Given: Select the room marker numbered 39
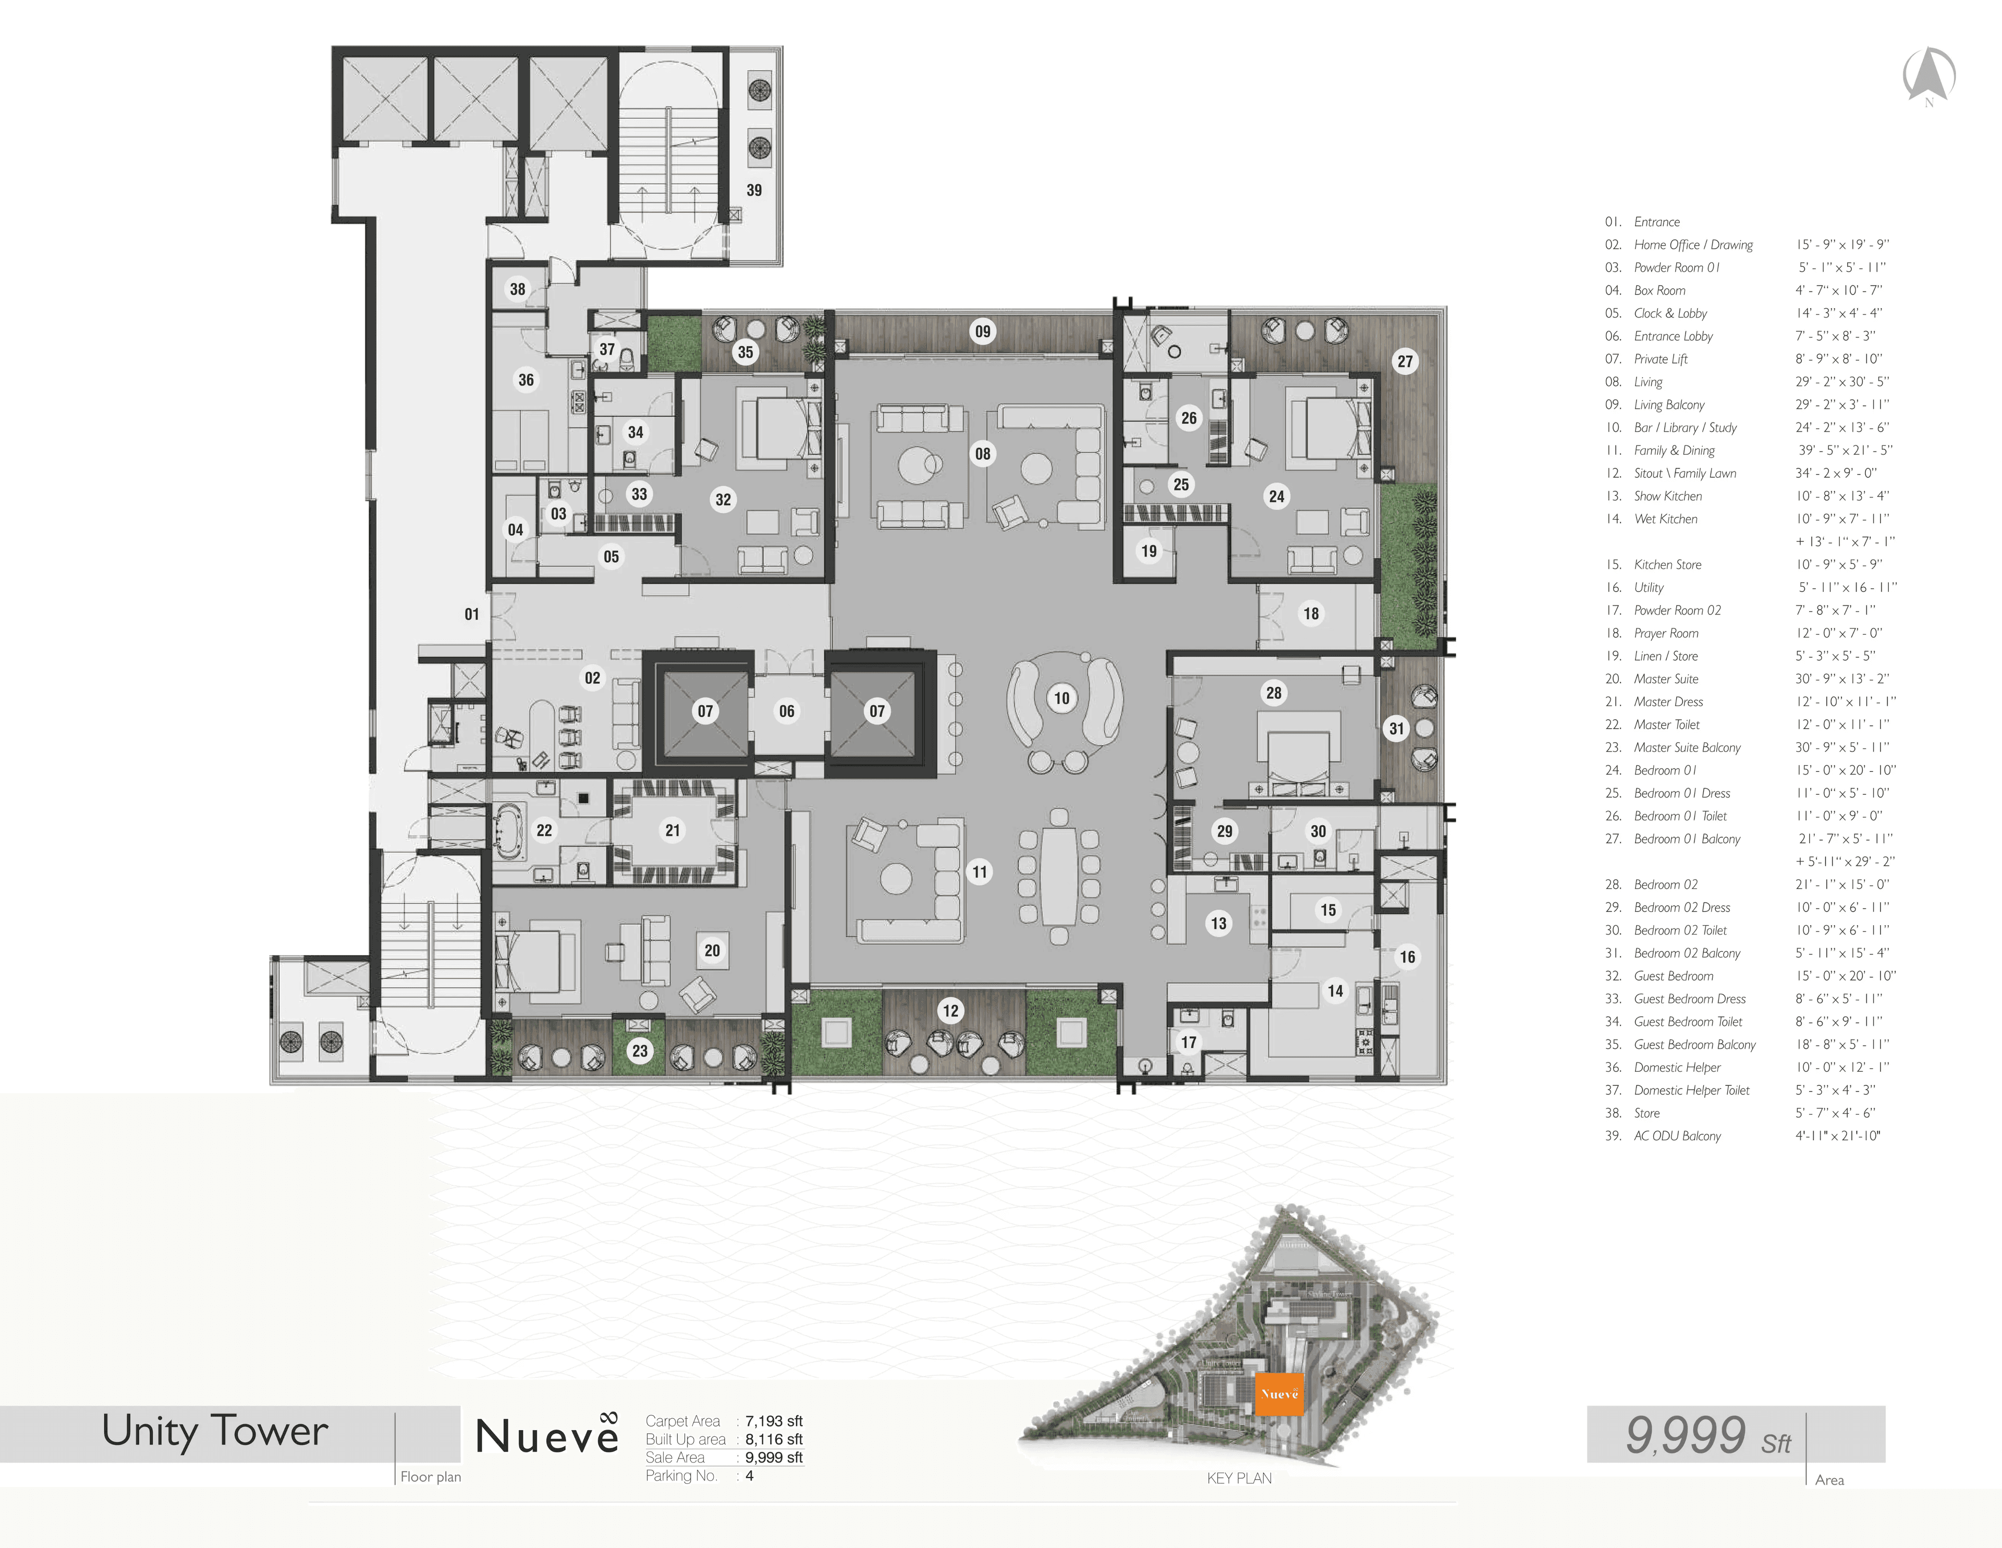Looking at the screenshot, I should click(753, 190).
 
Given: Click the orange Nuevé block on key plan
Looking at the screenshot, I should click(1279, 1394).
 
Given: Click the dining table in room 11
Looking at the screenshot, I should click(1059, 873).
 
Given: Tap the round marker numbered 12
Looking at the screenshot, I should click(950, 1011).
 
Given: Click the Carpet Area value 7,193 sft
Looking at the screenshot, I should click(774, 1421).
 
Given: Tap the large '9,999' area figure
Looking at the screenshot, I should click(1685, 1434).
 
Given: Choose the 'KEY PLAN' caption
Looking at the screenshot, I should click(1239, 1478).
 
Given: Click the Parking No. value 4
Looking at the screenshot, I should click(749, 1476).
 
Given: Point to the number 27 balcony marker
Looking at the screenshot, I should click(1405, 361).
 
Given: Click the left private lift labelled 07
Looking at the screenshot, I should click(705, 711).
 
